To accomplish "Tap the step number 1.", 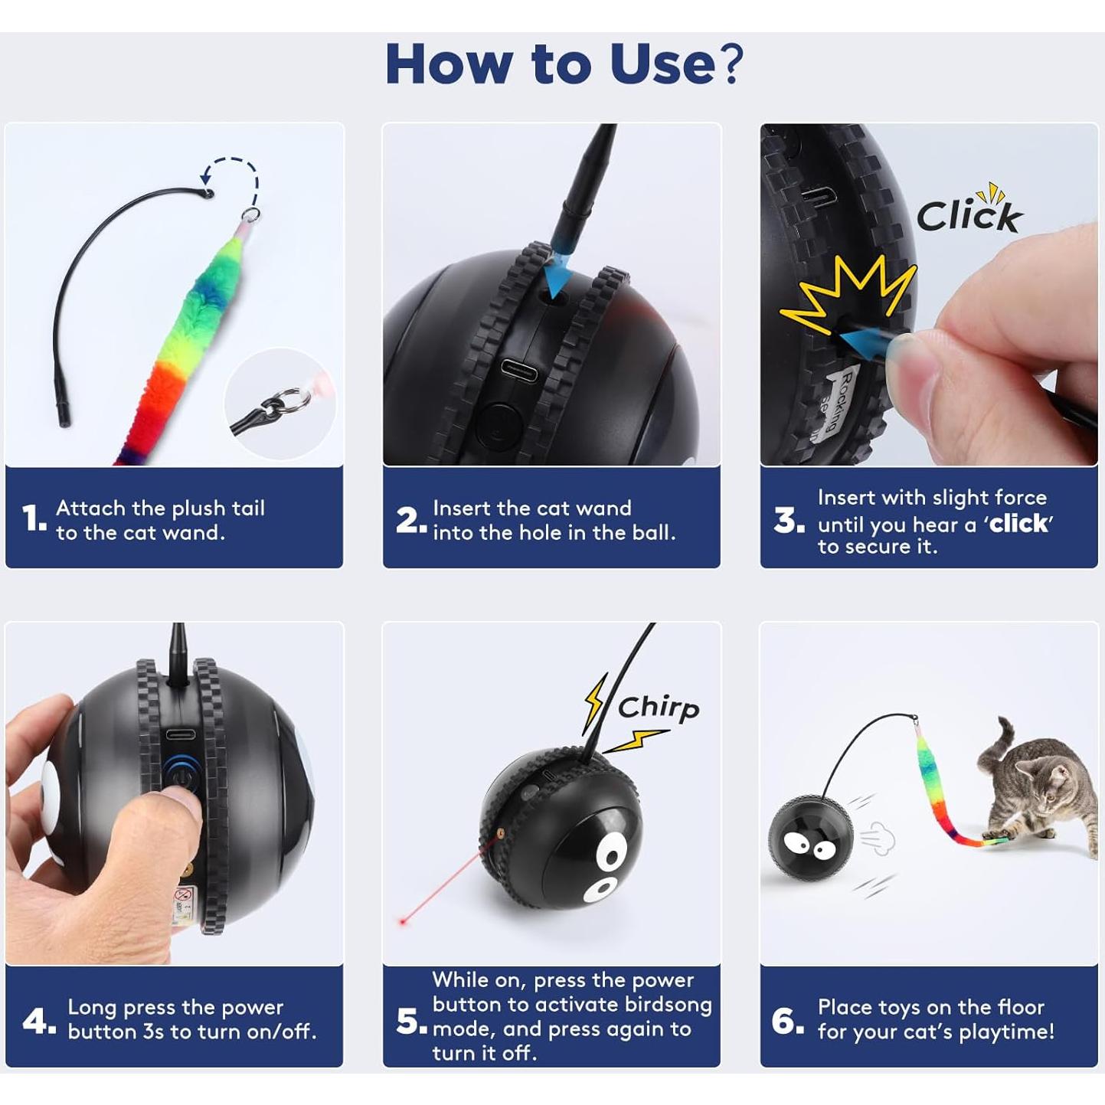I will (x=34, y=518).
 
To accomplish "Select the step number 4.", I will (x=38, y=1020).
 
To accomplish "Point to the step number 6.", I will (x=787, y=1020).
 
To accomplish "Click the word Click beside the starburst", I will (x=969, y=215).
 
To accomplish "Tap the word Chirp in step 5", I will (x=659, y=708).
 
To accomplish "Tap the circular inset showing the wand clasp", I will (x=280, y=404).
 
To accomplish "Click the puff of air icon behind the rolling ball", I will (x=878, y=839).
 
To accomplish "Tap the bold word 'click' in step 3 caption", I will (x=1018, y=524).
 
